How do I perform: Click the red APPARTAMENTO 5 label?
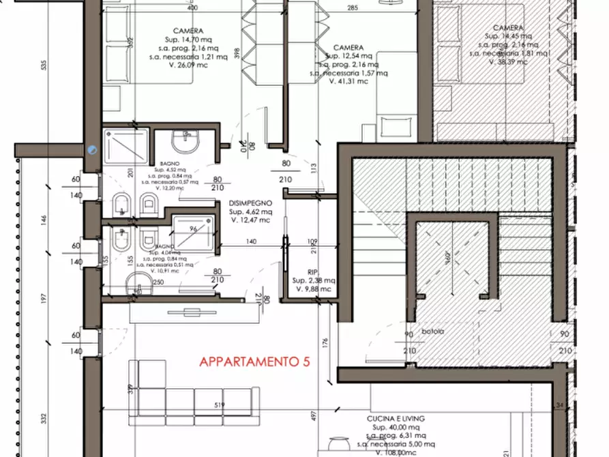point(254,362)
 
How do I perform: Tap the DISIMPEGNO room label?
point(250,203)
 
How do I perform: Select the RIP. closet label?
point(314,270)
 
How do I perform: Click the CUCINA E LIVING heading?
point(396,418)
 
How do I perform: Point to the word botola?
point(432,332)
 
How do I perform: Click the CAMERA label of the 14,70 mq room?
point(187,31)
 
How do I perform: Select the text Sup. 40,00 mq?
point(396,426)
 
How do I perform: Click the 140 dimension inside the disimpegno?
point(251,242)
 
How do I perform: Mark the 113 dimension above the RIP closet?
point(314,168)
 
